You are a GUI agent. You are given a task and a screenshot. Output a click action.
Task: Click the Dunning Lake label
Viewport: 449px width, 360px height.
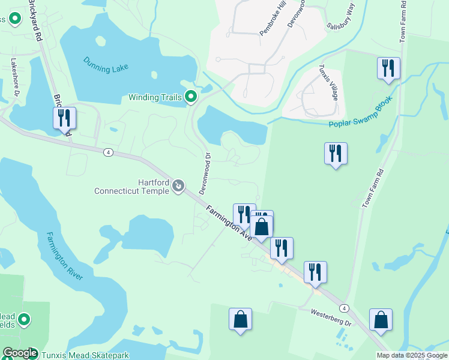coord(106,65)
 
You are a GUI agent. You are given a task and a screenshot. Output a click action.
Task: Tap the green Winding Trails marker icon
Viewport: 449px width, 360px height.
coord(191,97)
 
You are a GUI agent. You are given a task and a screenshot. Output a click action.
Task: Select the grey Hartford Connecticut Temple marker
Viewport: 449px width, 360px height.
coord(178,187)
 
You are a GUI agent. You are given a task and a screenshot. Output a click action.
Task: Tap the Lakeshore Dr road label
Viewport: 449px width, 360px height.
coord(15,77)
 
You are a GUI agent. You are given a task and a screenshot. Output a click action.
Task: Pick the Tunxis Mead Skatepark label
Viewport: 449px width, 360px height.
coord(85,355)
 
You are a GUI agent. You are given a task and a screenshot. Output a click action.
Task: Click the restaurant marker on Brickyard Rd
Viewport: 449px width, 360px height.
coord(65,118)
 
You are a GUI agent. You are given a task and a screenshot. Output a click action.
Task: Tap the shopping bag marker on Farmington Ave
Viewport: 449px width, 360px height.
coord(261,227)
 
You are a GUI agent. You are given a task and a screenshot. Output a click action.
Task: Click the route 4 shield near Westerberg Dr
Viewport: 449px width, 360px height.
coord(344,308)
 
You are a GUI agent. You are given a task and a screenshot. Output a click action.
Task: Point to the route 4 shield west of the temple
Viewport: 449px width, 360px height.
coord(108,152)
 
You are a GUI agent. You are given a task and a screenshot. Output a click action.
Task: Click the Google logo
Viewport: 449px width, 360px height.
coord(20,353)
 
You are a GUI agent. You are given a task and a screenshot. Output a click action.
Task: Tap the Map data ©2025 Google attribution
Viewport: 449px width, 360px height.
coord(412,355)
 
